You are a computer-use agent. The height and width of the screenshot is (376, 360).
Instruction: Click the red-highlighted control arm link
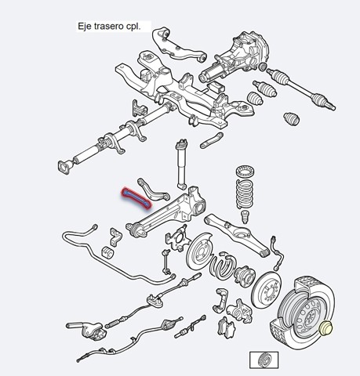(x=136, y=199)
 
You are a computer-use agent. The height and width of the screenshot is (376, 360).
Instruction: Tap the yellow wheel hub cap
(x=326, y=328)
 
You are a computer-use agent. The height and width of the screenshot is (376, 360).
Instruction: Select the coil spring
(x=245, y=193)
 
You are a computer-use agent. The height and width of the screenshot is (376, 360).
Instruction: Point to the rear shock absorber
(x=180, y=164)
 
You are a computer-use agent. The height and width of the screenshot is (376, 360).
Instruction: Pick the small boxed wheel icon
(x=264, y=360)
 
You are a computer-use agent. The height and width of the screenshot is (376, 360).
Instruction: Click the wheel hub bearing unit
(x=244, y=277)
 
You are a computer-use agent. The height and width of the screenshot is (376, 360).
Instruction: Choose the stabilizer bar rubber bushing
(x=107, y=252)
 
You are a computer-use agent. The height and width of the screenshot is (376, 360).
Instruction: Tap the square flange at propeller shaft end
(x=64, y=167)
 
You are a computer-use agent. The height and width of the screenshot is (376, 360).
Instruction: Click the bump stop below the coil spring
(x=245, y=216)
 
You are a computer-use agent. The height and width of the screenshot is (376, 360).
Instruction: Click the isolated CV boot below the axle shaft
(x=292, y=119)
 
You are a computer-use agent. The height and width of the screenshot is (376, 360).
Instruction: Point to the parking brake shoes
(x=223, y=266)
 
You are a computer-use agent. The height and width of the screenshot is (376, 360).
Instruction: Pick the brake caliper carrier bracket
(x=220, y=300)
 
